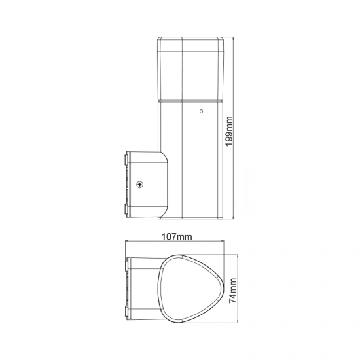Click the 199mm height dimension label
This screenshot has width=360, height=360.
[230, 133]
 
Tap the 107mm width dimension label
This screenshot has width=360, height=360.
[175, 236]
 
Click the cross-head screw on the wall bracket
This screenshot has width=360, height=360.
[139, 185]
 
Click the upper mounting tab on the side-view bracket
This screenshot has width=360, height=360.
[125, 160]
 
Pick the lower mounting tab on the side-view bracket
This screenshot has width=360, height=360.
[125, 209]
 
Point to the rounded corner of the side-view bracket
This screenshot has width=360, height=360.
[163, 157]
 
